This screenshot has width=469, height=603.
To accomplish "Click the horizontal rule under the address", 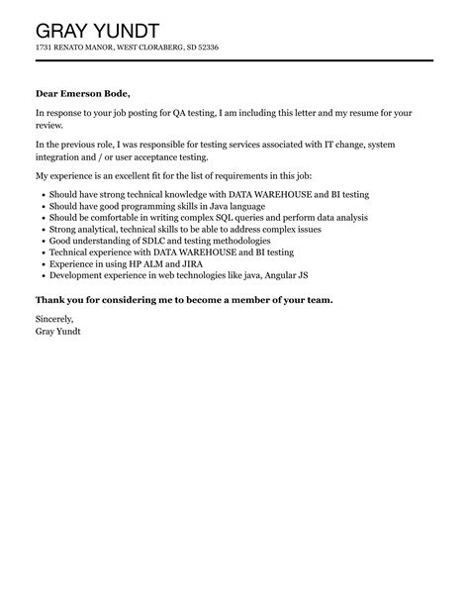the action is click(x=234, y=61).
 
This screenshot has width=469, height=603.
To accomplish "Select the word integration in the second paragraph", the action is click(x=61, y=158).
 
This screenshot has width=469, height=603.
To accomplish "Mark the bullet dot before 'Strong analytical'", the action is click(x=42, y=229).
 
